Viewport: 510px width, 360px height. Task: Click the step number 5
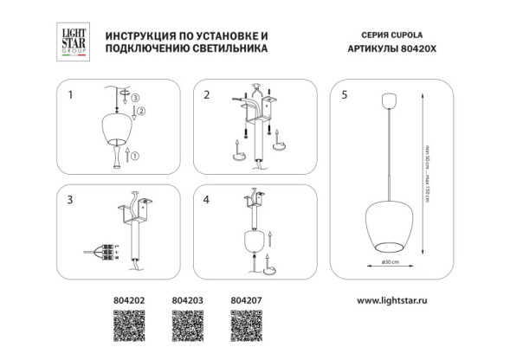[x=345, y=94]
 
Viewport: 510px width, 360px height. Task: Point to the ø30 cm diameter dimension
[x=389, y=262]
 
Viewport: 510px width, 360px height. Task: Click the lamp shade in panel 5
[x=389, y=228]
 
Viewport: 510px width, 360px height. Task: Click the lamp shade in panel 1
[x=115, y=131]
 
